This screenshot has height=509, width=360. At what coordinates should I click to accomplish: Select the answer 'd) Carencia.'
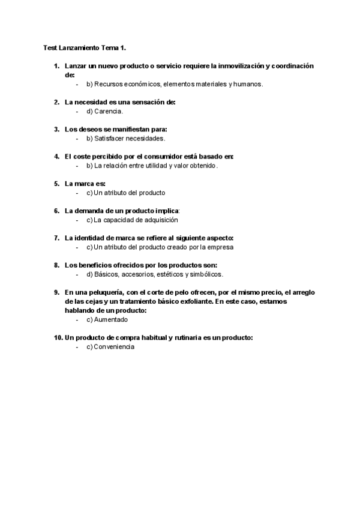pos(105,112)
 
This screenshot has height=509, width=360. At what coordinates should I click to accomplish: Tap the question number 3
pos(56,129)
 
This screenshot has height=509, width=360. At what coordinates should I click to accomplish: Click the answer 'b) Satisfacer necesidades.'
pos(125,139)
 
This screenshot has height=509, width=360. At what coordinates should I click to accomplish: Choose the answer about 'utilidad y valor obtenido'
pos(152,166)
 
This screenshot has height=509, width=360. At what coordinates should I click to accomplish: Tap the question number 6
pos(56,211)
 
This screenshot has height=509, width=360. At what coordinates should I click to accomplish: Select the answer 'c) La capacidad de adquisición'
pos(137,220)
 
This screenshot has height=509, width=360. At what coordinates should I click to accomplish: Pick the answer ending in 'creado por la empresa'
pos(160,247)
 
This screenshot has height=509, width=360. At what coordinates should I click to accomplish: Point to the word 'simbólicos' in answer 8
pos(206,274)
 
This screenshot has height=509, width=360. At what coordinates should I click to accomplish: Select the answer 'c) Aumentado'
pos(107,320)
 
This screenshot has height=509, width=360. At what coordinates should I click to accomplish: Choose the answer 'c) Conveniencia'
pos(110,347)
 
